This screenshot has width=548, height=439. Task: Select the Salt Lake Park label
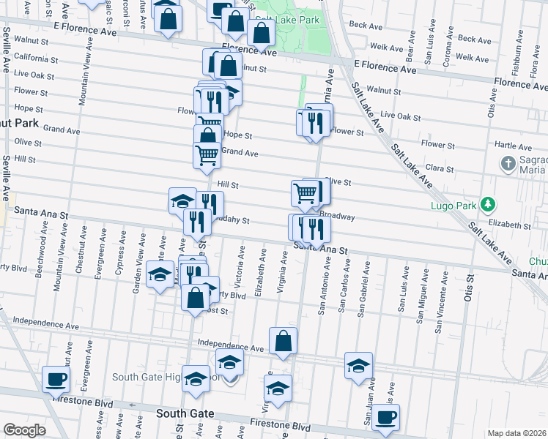pyautogui.click(x=291, y=20)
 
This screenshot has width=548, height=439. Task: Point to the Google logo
pyautogui.click(x=24, y=430)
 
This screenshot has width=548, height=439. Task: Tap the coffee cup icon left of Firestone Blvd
pyautogui.click(x=55, y=380)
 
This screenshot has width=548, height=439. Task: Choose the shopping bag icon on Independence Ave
pyautogui.click(x=283, y=341)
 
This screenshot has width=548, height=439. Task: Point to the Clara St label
pyautogui.click(x=440, y=168)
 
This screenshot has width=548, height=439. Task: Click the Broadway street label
pyautogui.click(x=338, y=217)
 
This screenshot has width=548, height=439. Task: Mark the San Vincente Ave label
pyautogui.click(x=438, y=310)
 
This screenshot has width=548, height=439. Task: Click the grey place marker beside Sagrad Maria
pyautogui.click(x=508, y=163)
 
